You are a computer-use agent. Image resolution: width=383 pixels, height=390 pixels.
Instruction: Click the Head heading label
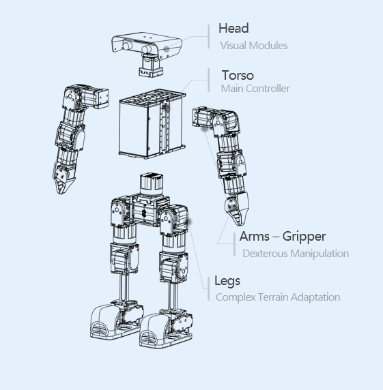(x=233, y=28)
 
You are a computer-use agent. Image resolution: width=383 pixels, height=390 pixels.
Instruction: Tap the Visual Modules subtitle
(x=254, y=46)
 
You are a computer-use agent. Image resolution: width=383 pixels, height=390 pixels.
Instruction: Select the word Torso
(x=238, y=75)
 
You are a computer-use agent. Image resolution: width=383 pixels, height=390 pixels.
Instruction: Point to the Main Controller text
(x=255, y=89)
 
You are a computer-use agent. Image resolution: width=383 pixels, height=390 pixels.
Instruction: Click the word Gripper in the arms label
(x=304, y=237)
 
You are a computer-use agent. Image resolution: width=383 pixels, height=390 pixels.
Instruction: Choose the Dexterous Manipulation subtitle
(x=296, y=254)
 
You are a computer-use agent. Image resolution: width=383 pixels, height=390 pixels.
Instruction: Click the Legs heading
(x=227, y=281)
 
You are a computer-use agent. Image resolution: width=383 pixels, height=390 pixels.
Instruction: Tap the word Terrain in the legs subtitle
(x=273, y=297)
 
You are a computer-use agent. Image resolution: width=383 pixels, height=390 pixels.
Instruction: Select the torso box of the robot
(x=152, y=123)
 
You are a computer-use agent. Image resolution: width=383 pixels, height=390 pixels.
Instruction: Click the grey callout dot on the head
(x=167, y=49)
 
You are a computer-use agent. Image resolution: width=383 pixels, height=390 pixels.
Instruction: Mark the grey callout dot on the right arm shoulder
(x=204, y=129)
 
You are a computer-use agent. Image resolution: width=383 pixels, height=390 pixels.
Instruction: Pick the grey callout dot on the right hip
(x=188, y=222)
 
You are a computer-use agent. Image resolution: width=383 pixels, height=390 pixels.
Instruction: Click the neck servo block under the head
(x=151, y=65)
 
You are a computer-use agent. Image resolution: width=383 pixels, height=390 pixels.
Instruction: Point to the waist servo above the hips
(x=152, y=184)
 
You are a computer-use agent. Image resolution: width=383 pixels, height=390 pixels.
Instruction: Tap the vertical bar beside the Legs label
(x=209, y=289)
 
